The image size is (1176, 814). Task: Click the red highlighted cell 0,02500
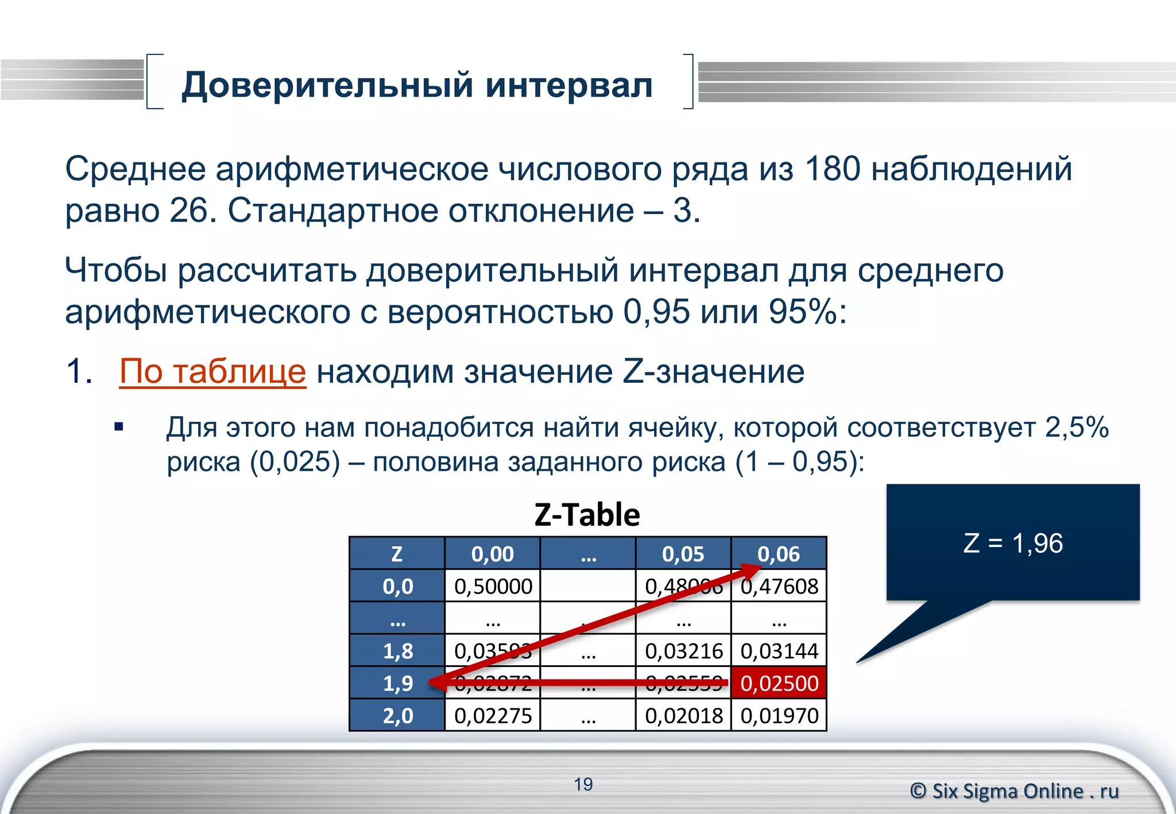tap(779, 683)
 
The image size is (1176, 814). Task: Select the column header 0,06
tap(779, 554)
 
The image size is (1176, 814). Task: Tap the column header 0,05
tap(683, 554)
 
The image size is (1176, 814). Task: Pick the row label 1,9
tap(397, 683)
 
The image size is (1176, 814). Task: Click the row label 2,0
tap(397, 716)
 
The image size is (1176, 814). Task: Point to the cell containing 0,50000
tap(493, 586)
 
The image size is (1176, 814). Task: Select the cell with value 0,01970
tap(779, 716)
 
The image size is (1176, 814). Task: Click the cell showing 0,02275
tap(493, 716)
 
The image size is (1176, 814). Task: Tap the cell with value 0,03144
tap(779, 651)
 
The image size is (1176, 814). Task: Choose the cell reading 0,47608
tap(779, 586)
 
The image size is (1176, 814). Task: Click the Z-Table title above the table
tap(587, 514)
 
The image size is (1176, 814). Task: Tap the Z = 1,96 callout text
tap(1013, 543)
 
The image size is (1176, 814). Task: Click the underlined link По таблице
tap(212, 371)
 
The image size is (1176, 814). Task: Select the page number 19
tap(583, 784)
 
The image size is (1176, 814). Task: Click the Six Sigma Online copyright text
tap(1014, 791)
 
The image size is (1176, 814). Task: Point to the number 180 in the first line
tap(832, 169)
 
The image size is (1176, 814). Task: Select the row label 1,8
tap(397, 651)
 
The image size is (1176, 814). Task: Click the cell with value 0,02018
tap(683, 716)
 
